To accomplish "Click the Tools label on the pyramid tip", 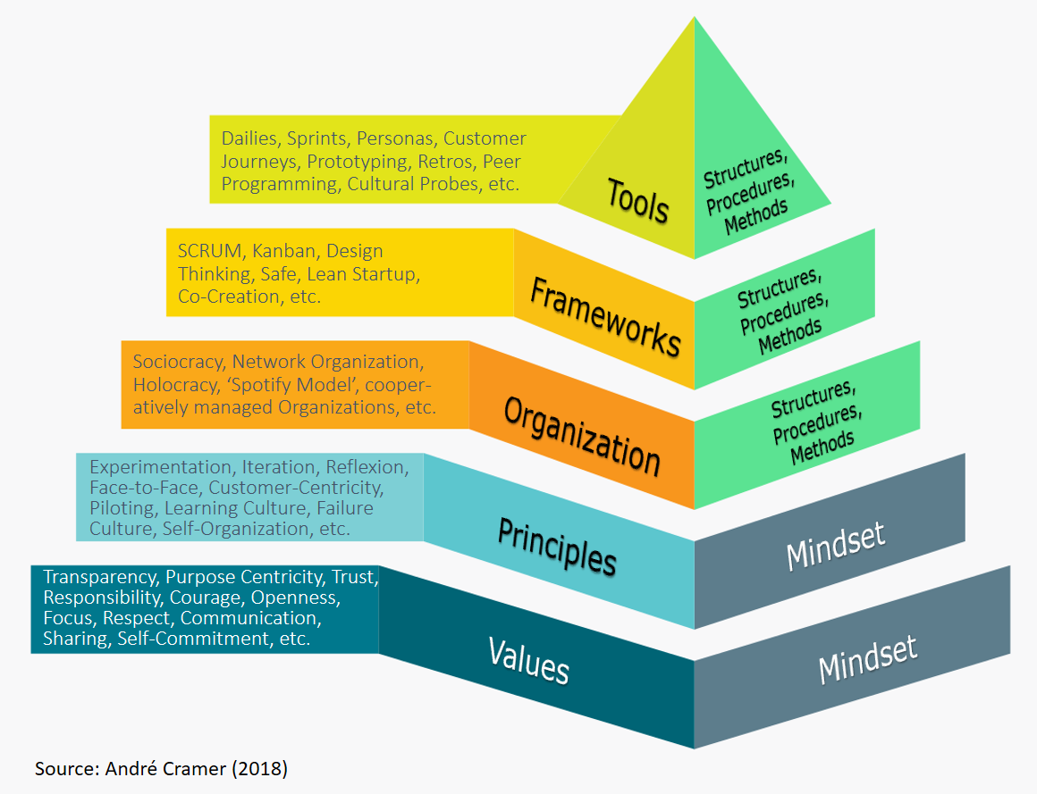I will click(637, 201).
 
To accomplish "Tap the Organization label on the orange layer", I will click(582, 435).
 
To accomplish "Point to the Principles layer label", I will click(557, 545).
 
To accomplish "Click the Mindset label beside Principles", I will click(836, 545).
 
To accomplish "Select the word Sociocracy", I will click(179, 362).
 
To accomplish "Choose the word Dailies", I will click(250, 138).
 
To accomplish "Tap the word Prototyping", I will click(356, 162).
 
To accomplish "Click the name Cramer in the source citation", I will click(202, 768).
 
